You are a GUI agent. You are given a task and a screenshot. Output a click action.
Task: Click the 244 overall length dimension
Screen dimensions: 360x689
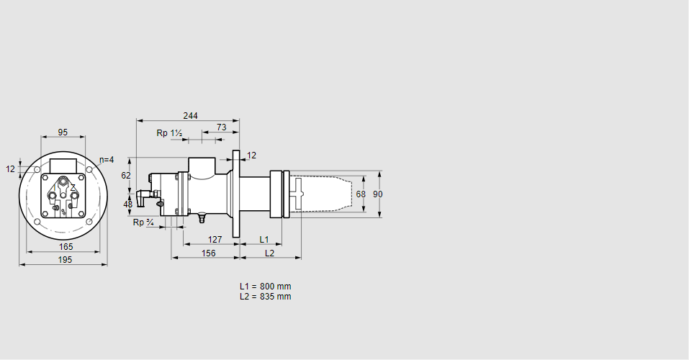tap(190, 115)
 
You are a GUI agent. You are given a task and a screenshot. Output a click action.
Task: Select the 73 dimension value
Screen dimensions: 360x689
tap(221, 127)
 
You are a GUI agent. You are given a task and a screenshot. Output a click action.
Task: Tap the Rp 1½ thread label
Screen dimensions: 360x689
tap(170, 133)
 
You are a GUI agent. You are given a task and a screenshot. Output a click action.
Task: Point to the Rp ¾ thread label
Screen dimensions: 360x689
tap(143, 222)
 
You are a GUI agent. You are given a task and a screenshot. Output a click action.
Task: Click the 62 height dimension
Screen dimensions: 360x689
tap(126, 175)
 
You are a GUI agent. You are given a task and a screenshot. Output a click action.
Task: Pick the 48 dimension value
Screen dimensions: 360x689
tap(128, 204)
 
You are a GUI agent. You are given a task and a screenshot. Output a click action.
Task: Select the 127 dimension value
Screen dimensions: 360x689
tap(215, 240)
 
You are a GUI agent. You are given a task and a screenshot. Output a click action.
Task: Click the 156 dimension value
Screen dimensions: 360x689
tap(208, 253)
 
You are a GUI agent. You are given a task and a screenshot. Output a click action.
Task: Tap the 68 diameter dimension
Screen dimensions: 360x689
tap(361, 194)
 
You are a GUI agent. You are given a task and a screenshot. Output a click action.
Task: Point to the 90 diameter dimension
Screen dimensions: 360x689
tap(388, 194)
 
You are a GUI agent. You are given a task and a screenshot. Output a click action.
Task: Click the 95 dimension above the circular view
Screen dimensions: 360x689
tap(63, 132)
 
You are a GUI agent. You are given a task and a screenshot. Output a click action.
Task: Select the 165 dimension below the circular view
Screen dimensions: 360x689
tap(66, 247)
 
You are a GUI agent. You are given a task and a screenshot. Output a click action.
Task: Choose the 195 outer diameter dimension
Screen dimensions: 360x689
tap(65, 260)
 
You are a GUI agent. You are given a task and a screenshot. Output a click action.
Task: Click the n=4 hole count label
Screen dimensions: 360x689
tap(106, 159)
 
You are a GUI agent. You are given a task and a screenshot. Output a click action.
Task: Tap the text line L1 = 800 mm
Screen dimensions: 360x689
tap(265, 286)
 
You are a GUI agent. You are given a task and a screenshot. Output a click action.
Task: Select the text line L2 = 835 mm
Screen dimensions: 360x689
tap(265, 296)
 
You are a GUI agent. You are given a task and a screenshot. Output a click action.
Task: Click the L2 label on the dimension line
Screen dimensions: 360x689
tap(269, 253)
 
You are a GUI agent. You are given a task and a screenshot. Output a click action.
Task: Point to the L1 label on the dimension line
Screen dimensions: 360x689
tap(264, 239)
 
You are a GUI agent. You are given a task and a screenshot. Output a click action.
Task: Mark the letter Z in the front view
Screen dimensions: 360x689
tap(73, 187)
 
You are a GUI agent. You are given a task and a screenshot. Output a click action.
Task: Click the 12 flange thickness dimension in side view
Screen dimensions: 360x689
tap(251, 156)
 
